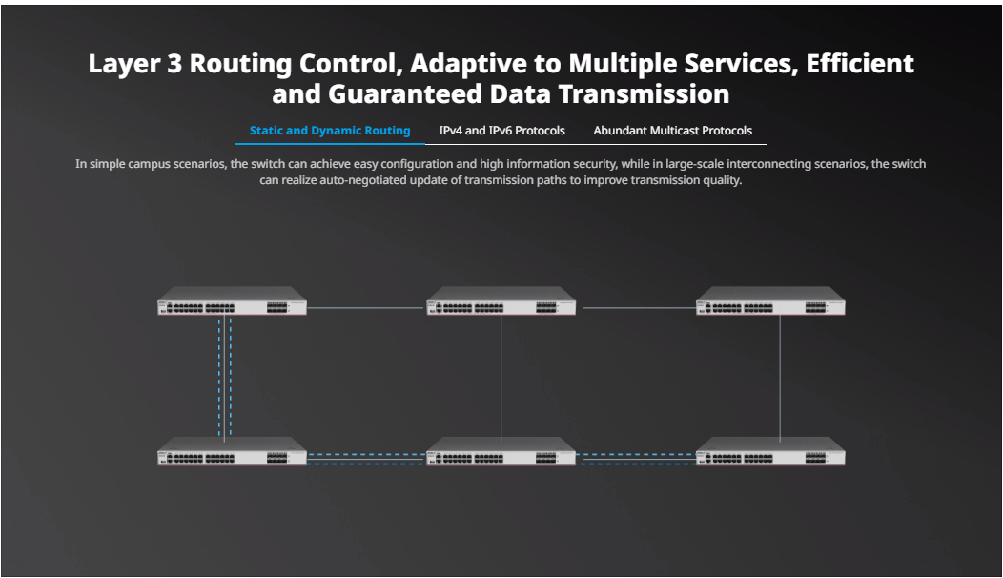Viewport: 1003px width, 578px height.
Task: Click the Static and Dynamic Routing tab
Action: pyautogui.click(x=330, y=131)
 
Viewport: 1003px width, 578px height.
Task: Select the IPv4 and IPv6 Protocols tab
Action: pyautogui.click(x=502, y=131)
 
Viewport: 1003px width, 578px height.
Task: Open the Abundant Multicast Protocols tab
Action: pyautogui.click(x=673, y=131)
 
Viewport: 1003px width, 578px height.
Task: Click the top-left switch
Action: pyautogui.click(x=233, y=300)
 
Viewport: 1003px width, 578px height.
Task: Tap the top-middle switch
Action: pyautogui.click(x=501, y=300)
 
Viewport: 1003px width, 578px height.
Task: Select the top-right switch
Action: pyautogui.click(x=770, y=300)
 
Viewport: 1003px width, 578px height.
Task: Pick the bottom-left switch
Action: pyautogui.click(x=233, y=450)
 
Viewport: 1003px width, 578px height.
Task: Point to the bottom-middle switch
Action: pyautogui.click(x=501, y=450)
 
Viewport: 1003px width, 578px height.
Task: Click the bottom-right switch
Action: pyautogui.click(x=770, y=450)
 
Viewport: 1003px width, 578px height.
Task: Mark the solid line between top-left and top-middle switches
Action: pyautogui.click(x=366, y=308)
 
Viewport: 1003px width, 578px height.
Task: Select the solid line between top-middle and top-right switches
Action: pyautogui.click(x=639, y=308)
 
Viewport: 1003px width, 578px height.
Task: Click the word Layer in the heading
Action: pyautogui.click(x=123, y=64)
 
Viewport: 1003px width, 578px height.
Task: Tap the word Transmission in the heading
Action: pyautogui.click(x=645, y=94)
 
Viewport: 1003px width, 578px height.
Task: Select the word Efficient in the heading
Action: pyautogui.click(x=860, y=63)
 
